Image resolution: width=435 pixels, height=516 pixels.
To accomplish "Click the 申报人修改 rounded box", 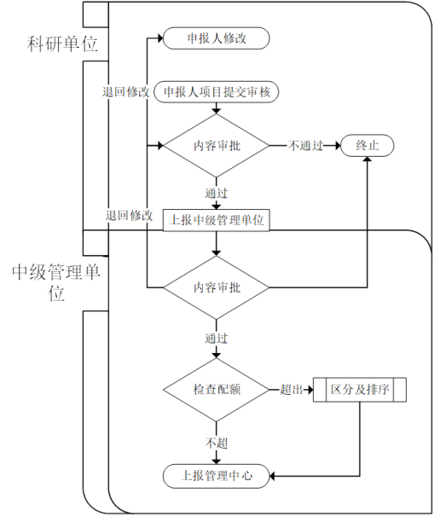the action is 216,38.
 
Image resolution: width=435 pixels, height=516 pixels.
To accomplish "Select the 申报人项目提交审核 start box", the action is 216,92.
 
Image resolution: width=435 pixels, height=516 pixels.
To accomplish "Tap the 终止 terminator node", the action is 368,146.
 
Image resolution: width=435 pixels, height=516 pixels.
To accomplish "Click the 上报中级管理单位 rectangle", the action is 216,220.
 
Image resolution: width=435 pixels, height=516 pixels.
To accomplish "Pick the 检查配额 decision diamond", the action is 216,390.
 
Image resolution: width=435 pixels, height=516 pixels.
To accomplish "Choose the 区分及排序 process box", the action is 360,390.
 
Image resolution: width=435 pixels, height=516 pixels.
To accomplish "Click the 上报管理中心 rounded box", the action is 216,476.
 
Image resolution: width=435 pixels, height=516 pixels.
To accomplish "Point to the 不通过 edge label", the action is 305,146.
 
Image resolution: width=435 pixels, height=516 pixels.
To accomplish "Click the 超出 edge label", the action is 291,390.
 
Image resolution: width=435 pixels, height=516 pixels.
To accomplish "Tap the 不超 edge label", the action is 216,443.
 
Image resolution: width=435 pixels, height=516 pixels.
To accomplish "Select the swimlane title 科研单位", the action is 62,43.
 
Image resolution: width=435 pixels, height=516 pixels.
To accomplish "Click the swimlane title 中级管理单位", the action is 56,282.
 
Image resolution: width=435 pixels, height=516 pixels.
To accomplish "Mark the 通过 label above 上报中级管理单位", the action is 216,193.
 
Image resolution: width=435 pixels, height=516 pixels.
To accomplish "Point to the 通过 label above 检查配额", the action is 216,339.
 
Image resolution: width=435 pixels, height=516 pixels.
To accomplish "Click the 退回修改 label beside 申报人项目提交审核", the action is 125,92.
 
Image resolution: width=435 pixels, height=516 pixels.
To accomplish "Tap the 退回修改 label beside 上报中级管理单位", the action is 129,216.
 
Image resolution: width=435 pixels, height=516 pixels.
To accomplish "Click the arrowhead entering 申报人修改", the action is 160,38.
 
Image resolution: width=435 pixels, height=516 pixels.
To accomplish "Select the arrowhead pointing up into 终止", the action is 368,159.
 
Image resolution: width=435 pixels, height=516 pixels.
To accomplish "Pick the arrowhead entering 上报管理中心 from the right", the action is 272,476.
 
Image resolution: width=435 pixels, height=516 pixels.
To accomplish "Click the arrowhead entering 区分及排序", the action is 310,390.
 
